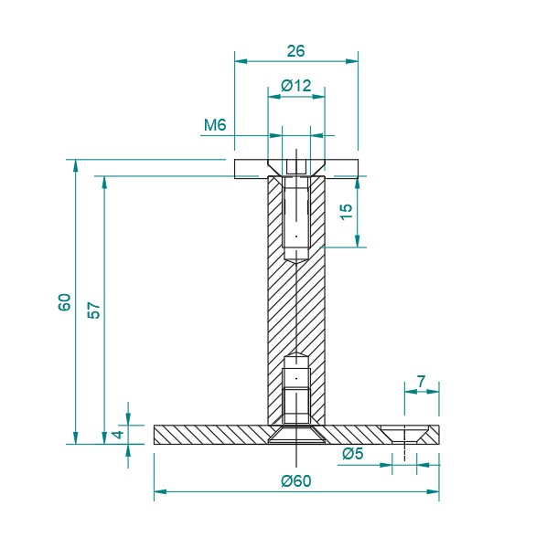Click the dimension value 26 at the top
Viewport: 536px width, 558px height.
click(x=295, y=51)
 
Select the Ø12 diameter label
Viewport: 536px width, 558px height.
click(x=295, y=86)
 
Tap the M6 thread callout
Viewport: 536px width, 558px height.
click(x=215, y=125)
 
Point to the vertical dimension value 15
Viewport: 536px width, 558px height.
click(x=347, y=211)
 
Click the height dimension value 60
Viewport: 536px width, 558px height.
click(x=65, y=302)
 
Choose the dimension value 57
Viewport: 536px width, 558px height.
click(x=94, y=310)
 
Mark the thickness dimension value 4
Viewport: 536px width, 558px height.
click(x=118, y=434)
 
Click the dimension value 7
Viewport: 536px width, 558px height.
click(x=422, y=382)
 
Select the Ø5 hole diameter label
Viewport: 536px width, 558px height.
click(x=353, y=453)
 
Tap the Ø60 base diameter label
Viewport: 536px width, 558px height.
click(x=296, y=480)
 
